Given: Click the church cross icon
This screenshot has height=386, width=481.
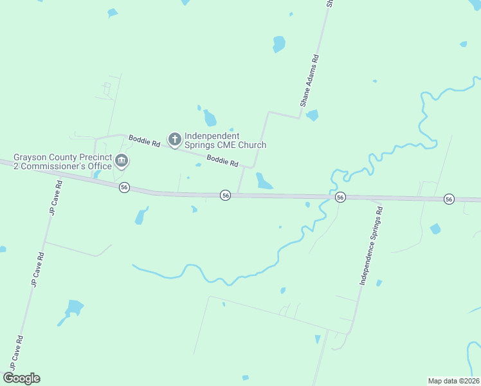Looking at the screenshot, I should (174, 139).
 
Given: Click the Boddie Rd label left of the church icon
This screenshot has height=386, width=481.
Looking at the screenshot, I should (144, 140).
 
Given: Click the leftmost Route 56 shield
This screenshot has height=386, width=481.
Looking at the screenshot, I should (124, 187).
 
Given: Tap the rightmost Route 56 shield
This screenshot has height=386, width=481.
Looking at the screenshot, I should (449, 199).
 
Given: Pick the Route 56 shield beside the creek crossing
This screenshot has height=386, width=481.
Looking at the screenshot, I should (341, 197).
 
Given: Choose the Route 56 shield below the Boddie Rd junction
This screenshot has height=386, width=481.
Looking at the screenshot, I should (225, 194).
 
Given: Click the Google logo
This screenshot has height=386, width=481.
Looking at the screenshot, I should (21, 378).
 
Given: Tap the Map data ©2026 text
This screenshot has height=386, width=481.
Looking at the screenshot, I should (453, 380).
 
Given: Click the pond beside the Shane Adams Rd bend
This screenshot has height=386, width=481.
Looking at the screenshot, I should (313, 115).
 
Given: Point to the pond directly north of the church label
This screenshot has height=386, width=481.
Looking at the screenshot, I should (210, 118).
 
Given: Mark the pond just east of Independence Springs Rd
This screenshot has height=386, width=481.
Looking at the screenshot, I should (435, 228).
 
